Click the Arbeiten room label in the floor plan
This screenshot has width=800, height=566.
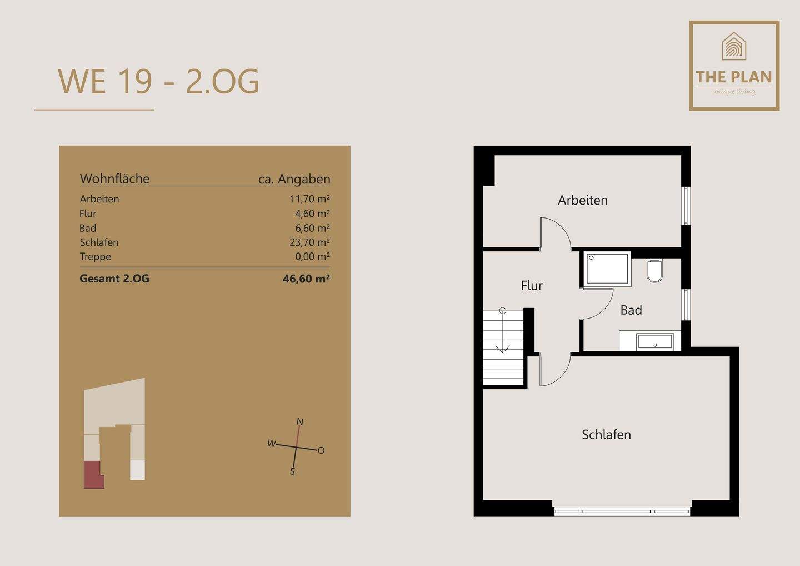click(582, 201)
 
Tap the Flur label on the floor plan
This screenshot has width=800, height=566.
click(532, 285)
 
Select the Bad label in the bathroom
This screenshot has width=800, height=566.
click(631, 310)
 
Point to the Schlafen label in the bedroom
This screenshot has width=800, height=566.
click(606, 434)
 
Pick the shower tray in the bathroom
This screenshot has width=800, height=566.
click(607, 270)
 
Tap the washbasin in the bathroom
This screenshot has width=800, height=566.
click(656, 341)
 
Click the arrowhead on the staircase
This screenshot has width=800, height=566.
click(503, 349)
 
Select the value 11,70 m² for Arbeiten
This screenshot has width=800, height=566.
click(309, 199)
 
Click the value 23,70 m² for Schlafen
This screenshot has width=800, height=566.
click(309, 242)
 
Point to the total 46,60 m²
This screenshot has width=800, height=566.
click(306, 279)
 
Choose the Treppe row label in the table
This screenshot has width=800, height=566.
click(96, 256)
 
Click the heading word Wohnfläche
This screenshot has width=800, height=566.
click(114, 178)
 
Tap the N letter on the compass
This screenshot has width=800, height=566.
click(300, 422)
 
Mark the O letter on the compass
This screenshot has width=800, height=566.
click(321, 450)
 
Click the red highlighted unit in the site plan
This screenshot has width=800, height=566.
click(93, 474)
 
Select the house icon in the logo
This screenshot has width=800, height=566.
click(734, 47)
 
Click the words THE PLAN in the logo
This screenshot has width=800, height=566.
click(734, 77)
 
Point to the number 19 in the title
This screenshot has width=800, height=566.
click(136, 82)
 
